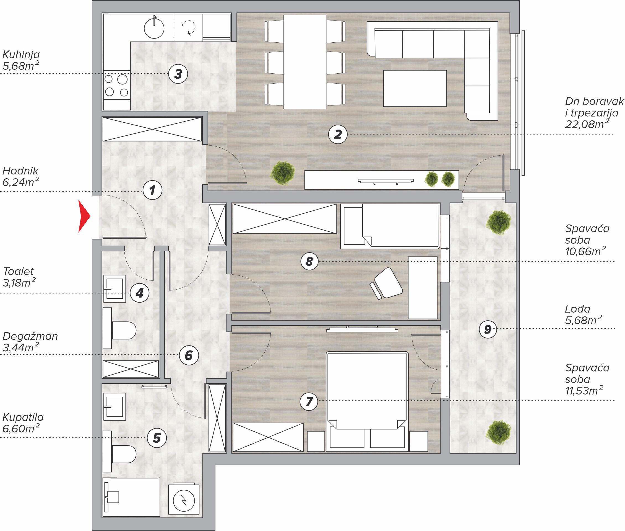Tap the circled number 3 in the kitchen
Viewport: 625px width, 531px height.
tap(178, 74)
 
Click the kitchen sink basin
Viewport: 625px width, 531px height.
tap(154, 29)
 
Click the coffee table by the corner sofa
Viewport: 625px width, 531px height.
tap(415, 88)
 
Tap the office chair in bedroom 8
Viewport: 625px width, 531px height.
tap(387, 283)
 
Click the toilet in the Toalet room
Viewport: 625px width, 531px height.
tap(119, 328)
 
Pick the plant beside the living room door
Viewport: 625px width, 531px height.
tap(282, 173)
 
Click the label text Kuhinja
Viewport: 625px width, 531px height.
tap(21, 55)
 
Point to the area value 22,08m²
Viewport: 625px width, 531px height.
tap(587, 123)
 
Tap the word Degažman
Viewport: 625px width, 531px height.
tap(30, 337)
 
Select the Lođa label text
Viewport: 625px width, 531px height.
tap(577, 309)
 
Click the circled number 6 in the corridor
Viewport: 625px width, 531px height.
tap(189, 355)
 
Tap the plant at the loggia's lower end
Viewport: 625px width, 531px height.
tap(498, 432)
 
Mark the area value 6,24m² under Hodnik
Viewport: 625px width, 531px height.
tap(21, 182)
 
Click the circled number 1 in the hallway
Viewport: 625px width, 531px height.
tap(152, 190)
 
